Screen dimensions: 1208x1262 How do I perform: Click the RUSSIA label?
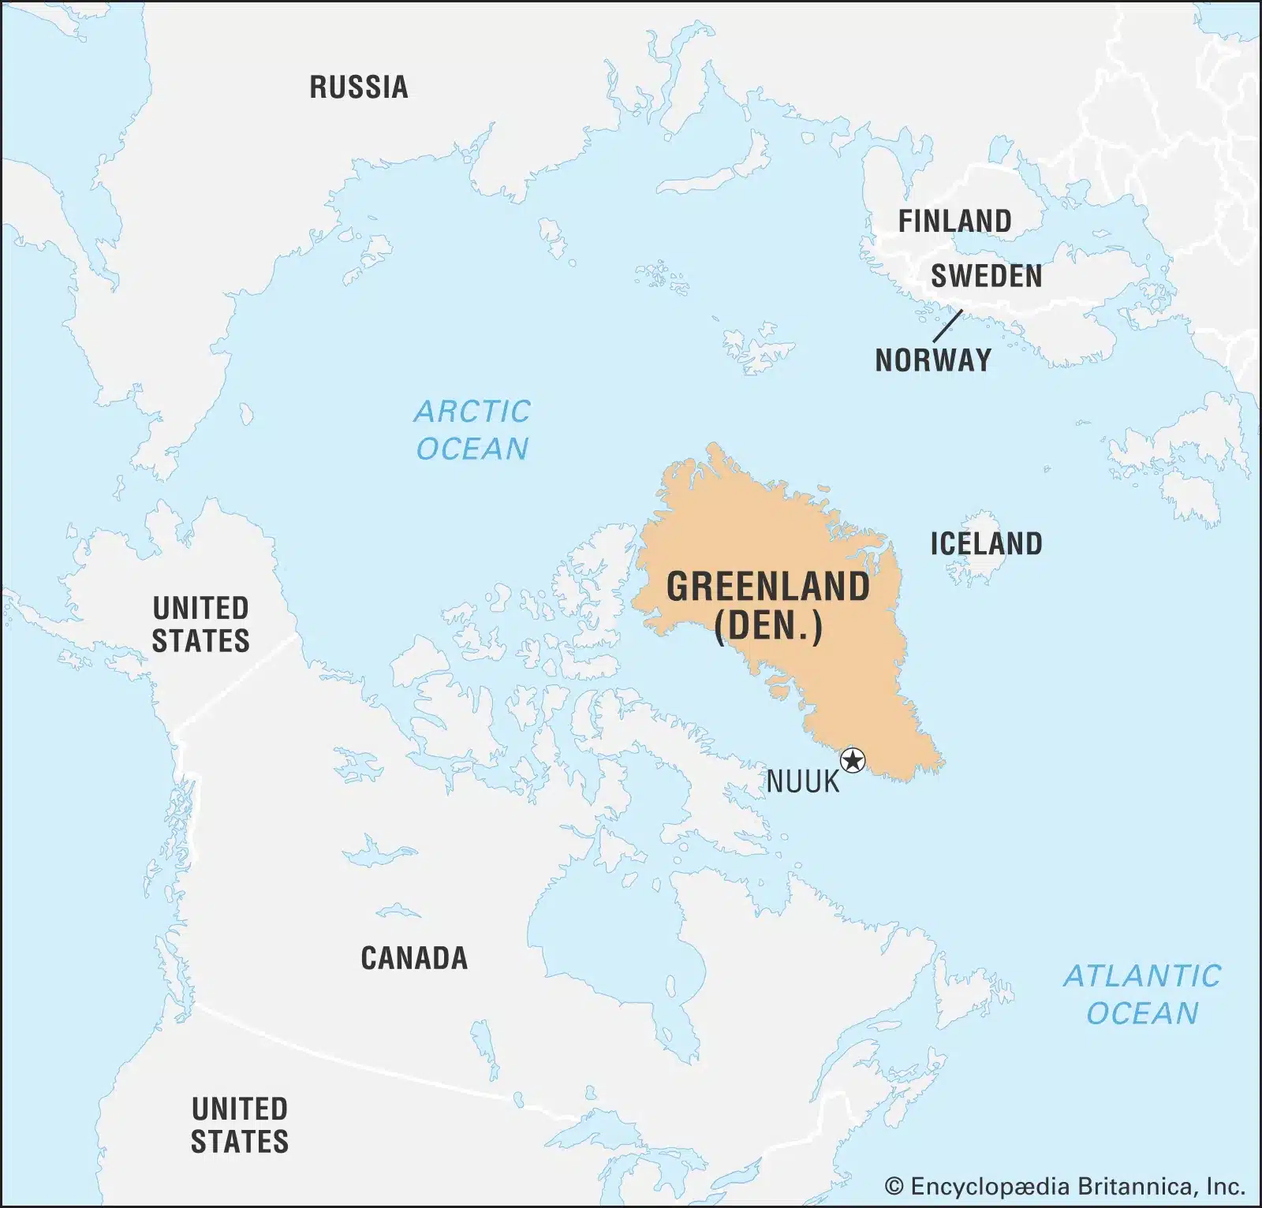(359, 87)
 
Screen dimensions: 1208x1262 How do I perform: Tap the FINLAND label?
(954, 222)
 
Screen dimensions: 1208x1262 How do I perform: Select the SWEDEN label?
(986, 276)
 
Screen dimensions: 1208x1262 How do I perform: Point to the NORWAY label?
(933, 360)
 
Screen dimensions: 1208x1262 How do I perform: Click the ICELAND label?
(986, 543)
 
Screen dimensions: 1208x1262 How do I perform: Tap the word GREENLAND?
(768, 587)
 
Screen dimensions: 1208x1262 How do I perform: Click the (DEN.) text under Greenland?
(768, 627)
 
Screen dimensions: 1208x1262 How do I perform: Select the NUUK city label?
(803, 782)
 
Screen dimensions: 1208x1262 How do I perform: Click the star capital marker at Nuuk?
(853, 761)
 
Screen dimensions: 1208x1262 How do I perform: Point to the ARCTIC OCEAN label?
(472, 430)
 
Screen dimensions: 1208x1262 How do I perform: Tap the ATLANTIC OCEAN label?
(1141, 994)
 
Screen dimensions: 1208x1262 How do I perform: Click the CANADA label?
(414, 958)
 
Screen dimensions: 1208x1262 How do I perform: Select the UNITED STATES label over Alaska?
(200, 625)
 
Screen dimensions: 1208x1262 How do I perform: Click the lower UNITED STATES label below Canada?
(240, 1125)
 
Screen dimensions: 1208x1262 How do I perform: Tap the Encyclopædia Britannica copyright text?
(1065, 1186)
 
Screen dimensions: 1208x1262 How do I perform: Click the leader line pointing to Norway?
(947, 326)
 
